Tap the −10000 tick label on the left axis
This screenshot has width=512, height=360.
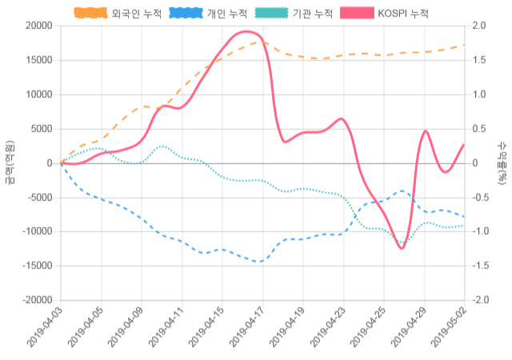click(x=36, y=231)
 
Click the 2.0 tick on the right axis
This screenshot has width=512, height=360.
click(x=479, y=26)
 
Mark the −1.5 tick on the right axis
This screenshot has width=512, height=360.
click(x=481, y=266)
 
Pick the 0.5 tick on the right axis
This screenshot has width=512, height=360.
click(x=479, y=129)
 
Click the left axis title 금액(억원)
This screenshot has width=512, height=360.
click(x=10, y=162)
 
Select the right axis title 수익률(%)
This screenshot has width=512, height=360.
click(x=502, y=162)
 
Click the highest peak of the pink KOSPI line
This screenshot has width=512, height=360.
click(x=246, y=32)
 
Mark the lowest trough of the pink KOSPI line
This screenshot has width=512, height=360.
click(x=402, y=249)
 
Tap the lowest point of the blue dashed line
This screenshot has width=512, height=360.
click(x=259, y=262)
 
